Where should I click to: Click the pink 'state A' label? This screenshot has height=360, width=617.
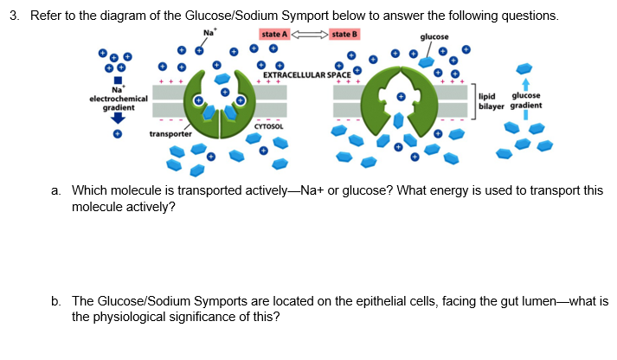point(273,34)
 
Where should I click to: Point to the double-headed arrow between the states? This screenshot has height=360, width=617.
point(309,34)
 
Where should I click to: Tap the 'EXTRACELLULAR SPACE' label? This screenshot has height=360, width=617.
point(306,74)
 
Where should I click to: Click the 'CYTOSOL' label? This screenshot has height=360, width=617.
point(268,126)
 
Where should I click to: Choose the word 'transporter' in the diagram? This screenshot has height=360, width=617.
point(170,134)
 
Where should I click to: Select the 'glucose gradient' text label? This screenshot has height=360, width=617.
point(527,100)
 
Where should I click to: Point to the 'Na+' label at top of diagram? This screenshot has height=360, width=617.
point(209,34)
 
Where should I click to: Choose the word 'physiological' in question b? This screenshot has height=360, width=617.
point(129,317)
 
